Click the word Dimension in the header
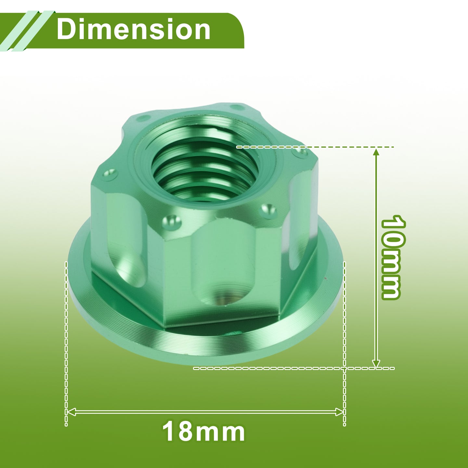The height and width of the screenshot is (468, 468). (133, 29)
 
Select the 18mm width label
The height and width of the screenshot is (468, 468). (203, 432)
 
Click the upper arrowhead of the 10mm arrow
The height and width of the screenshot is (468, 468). (376, 153)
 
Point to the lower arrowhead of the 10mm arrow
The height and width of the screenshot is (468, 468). (376, 364)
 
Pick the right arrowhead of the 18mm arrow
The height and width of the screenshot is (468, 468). (339, 412)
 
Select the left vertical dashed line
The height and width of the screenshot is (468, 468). (66, 344)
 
